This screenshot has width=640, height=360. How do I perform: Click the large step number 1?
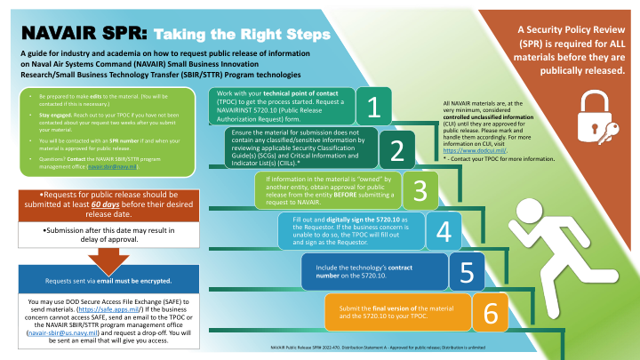(x=374, y=108)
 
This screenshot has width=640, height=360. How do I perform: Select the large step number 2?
(x=396, y=151)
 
